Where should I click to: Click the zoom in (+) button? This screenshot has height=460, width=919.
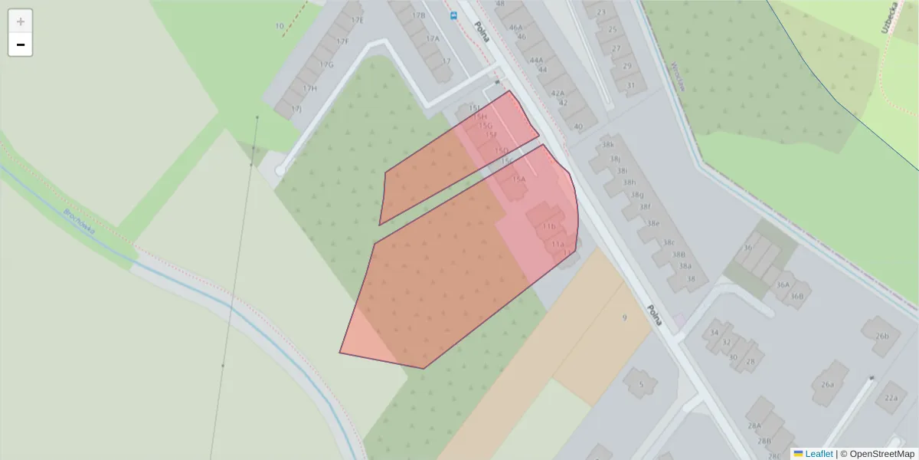[21, 21]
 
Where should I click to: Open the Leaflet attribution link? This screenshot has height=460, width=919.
[819, 454]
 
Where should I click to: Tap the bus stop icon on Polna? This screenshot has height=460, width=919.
[454, 15]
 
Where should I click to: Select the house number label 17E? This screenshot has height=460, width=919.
[357, 20]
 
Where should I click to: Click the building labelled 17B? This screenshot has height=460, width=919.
[418, 15]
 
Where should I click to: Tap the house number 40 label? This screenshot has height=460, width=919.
[578, 127]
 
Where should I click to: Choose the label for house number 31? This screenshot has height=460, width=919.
[631, 85]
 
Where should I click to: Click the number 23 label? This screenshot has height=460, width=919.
[601, 12]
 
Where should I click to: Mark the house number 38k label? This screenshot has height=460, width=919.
[608, 144]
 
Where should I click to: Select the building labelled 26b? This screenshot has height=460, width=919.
[881, 335]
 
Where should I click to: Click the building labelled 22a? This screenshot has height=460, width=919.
[891, 398]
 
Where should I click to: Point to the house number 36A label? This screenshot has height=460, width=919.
[782, 284]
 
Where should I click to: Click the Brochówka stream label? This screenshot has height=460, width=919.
[80, 222]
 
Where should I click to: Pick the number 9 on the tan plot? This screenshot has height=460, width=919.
[624, 317]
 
